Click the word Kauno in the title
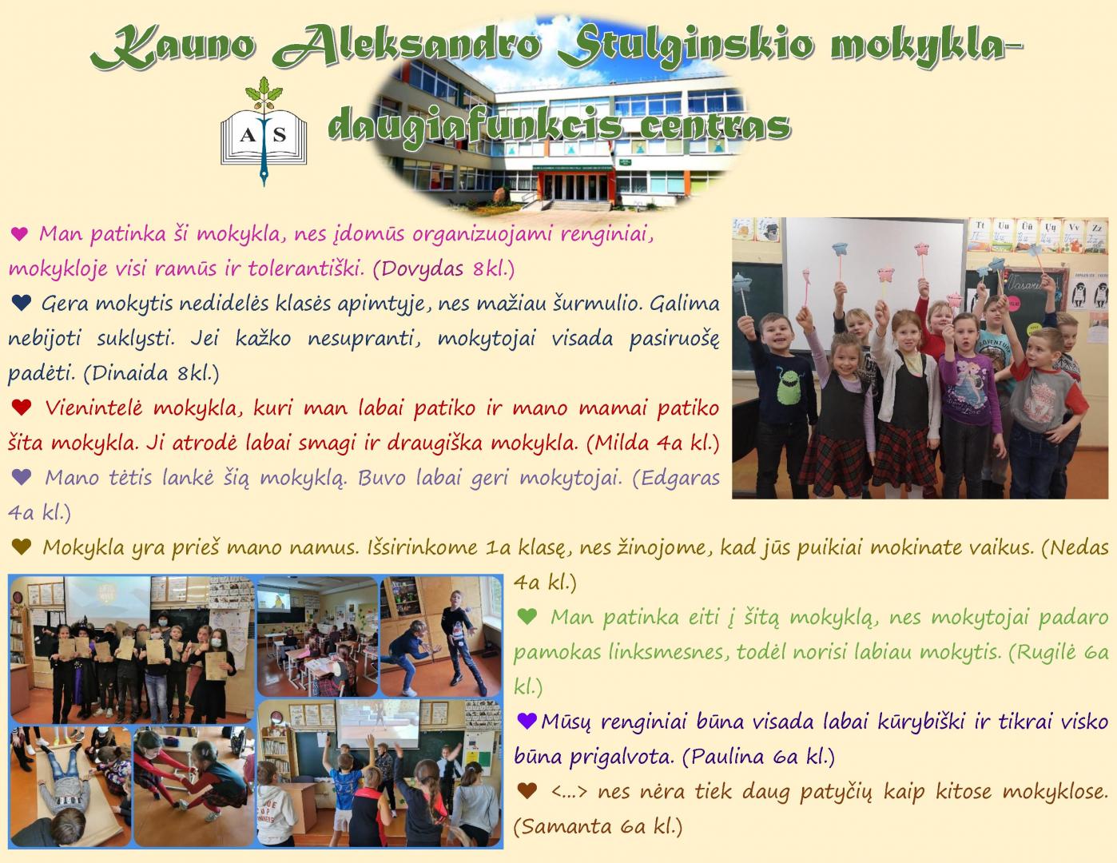tap(173, 47)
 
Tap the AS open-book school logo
tap(264, 132)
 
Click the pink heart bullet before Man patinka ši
tap(19, 234)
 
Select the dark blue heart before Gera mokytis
tap(21, 303)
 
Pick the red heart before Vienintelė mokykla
tap(21, 408)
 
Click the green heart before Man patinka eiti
tap(527, 616)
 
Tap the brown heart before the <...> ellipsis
tap(527, 790)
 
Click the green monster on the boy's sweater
tap(786, 386)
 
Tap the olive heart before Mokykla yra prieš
tap(21, 547)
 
